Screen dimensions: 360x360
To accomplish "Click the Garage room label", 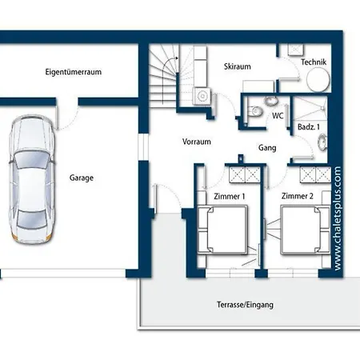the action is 82,178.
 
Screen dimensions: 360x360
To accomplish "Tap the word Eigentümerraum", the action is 74,72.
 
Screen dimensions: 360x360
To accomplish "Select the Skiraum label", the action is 238,66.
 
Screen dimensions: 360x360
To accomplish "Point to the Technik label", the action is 314,62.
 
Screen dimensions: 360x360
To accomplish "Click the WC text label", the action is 278,116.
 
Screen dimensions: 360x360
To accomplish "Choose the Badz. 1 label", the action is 309,127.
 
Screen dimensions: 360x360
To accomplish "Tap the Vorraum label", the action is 197,142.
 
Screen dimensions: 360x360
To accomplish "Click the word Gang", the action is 267,148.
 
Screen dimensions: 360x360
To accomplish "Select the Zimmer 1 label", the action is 230,197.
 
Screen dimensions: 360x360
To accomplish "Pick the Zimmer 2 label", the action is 298,196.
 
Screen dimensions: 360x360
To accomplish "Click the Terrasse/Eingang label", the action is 245,305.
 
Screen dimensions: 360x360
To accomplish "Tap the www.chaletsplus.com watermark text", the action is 338,218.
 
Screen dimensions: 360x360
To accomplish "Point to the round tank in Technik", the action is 318,79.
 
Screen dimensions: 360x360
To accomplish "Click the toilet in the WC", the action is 255,111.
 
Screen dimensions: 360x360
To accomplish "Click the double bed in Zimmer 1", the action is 222,230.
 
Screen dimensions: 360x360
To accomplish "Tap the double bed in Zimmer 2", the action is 305,230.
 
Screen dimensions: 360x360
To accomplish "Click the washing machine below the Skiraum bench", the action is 202,96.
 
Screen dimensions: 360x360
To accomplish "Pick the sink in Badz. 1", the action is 322,142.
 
